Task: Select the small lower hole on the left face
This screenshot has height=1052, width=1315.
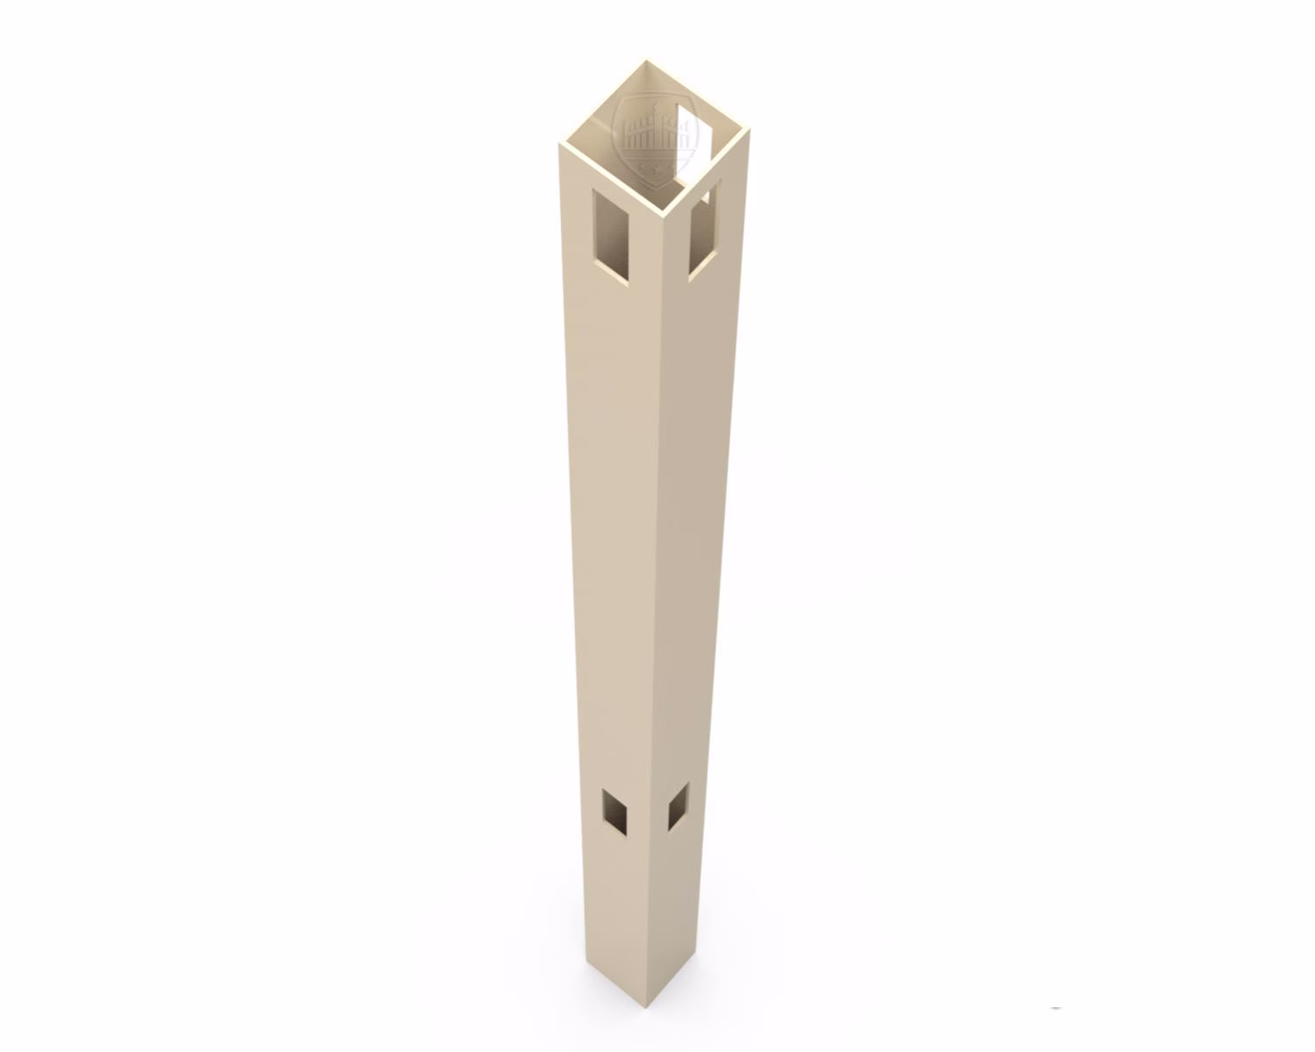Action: (615, 810)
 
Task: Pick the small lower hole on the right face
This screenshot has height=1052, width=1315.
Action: (678, 807)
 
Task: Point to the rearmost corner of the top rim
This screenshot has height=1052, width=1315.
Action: (646, 61)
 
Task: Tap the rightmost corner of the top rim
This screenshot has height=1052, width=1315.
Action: (750, 131)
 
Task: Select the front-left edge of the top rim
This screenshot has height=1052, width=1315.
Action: (609, 178)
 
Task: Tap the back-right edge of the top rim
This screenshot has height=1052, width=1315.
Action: (699, 96)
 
